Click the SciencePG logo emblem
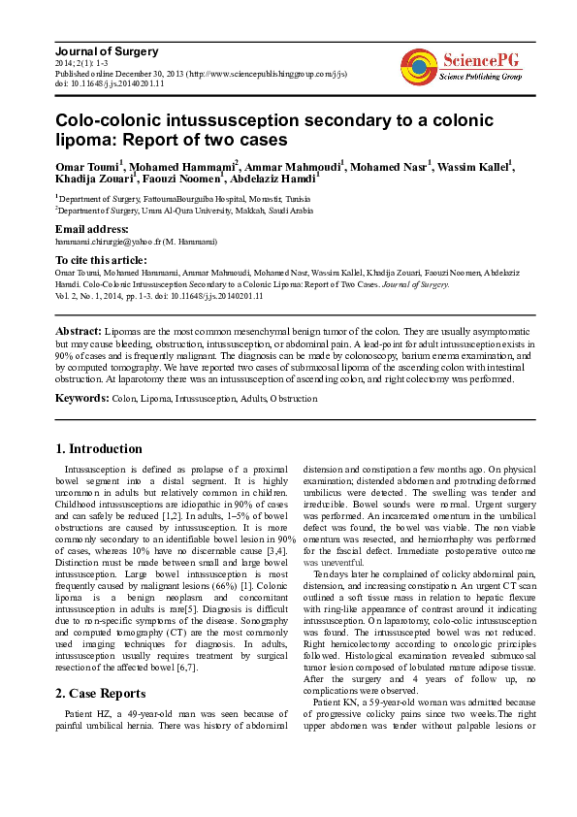[x=418, y=66]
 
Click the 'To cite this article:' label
[x=101, y=260]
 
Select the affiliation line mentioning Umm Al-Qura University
[x=185, y=210]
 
